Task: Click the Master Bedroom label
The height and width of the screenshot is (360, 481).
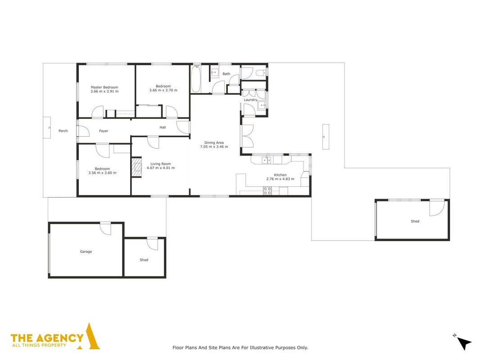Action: (104, 87)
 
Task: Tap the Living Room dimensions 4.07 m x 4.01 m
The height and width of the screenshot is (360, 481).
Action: (161, 168)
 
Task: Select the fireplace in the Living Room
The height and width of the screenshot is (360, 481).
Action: (136, 167)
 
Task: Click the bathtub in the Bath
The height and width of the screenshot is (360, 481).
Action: (196, 79)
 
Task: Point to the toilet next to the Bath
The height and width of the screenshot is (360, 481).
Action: (261, 73)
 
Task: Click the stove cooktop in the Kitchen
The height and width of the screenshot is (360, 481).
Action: (267, 191)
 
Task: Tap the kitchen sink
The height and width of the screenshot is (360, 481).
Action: (266, 160)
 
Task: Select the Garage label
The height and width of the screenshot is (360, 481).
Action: (86, 252)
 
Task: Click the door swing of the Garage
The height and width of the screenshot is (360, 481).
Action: (106, 229)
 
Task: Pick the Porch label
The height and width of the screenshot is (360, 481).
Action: (63, 131)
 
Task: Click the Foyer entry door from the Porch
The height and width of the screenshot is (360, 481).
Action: (83, 131)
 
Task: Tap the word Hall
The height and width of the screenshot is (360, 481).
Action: (163, 127)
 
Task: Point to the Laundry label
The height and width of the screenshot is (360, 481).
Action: (250, 100)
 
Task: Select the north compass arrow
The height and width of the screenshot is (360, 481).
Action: (463, 342)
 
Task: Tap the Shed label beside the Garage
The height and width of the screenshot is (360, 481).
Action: (144, 260)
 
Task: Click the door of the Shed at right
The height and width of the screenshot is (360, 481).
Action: (436, 208)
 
